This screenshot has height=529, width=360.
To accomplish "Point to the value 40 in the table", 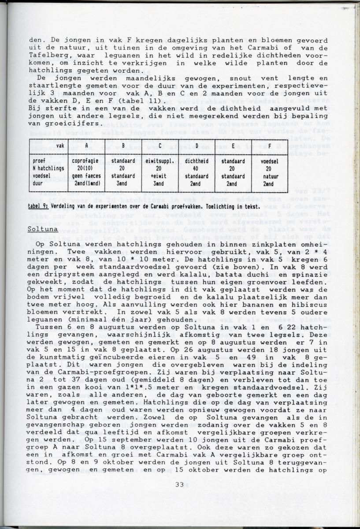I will click(x=196, y=168).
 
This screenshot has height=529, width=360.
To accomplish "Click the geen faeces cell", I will click(x=86, y=175).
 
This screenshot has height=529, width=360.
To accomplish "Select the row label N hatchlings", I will click(x=49, y=168).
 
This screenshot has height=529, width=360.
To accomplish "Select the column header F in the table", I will click(x=268, y=145).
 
